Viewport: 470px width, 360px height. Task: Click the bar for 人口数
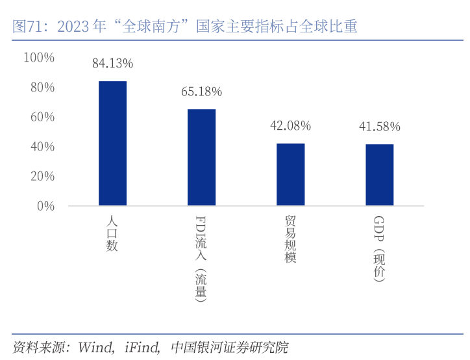[112, 143]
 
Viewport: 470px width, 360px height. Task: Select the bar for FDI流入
[201, 157]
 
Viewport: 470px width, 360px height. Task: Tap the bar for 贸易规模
[290, 174]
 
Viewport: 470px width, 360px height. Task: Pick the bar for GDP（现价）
[379, 174]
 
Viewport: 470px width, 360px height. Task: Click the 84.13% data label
[112, 64]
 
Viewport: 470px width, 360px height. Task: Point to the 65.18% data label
[201, 91]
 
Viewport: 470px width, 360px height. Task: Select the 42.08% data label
[290, 126]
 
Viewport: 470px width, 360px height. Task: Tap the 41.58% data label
[379, 126]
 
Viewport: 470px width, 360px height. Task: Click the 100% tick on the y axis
[39, 58]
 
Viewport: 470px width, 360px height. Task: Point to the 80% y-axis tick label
[42, 88]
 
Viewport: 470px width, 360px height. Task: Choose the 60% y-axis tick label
[42, 117]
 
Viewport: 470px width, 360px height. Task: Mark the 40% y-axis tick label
[42, 147]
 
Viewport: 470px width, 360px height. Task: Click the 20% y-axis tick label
[42, 176]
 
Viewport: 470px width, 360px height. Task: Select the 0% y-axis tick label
[45, 206]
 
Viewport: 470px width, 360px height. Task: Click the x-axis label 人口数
[112, 234]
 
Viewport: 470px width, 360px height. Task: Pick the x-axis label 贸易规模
[290, 239]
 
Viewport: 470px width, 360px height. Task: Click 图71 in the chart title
[28, 27]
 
